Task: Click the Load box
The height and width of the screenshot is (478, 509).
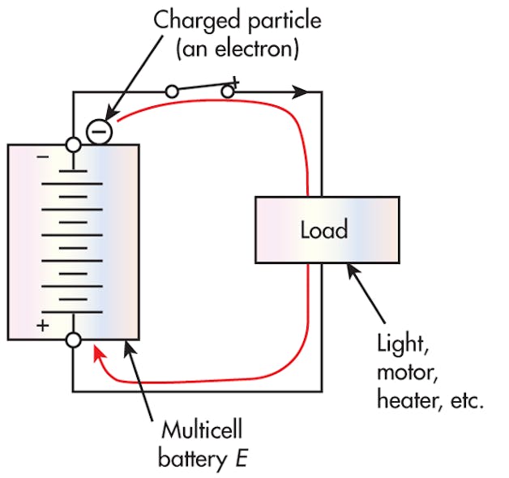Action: click(x=326, y=230)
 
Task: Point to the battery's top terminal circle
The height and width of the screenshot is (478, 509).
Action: click(x=73, y=146)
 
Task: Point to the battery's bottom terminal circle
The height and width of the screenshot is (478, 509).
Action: click(x=73, y=340)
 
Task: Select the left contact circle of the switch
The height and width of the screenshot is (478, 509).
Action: click(x=172, y=92)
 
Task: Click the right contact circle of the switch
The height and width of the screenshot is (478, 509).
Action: click(x=228, y=92)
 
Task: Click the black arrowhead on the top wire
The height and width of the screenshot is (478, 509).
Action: click(x=301, y=92)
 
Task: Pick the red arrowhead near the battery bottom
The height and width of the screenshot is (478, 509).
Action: click(x=98, y=352)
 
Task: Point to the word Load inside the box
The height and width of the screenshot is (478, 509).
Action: click(x=326, y=230)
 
